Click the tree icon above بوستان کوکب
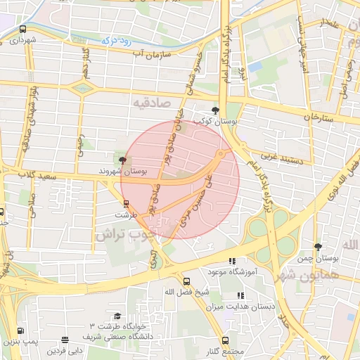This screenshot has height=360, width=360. [x=216, y=110]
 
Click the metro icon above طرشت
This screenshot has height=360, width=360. [x=126, y=204]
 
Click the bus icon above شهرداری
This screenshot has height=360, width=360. [x=23, y=30]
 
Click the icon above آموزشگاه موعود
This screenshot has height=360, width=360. [x=232, y=262]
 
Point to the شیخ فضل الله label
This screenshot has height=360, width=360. [x=184, y=292]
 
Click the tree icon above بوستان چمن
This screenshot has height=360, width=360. [x=318, y=247]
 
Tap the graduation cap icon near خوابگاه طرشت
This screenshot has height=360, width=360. [x=117, y=316]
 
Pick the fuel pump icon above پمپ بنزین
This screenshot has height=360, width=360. [x=20, y=330]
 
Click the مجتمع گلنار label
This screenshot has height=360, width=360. [x=225, y=351]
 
